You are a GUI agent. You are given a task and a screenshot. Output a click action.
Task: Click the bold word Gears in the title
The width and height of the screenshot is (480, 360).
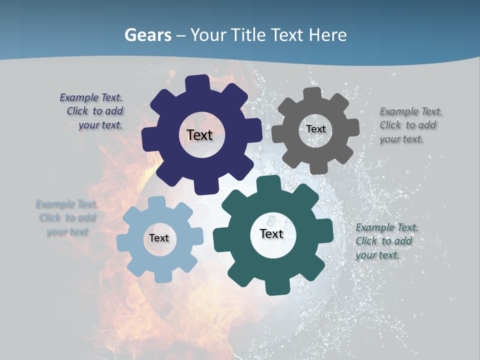pos(147,35)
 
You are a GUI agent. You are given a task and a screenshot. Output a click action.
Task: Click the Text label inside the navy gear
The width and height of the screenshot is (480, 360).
pos(199,135)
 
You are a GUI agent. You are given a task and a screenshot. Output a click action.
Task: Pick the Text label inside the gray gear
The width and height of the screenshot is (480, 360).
pos(315,129)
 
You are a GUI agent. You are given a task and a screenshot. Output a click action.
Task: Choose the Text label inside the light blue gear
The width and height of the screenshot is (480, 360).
pos(159,238)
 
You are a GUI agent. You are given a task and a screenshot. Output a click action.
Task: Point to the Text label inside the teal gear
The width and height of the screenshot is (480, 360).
pos(271,233)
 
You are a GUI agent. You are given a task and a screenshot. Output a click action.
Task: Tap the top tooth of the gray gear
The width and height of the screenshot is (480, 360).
pos(312,94)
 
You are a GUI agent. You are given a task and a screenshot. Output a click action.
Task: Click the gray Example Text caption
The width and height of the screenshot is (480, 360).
pos(410,125)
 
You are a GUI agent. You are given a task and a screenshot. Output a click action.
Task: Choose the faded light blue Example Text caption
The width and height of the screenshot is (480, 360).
pos(66,217)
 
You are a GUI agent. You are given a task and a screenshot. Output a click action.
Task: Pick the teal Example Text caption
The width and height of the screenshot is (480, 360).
pos(386,241)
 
